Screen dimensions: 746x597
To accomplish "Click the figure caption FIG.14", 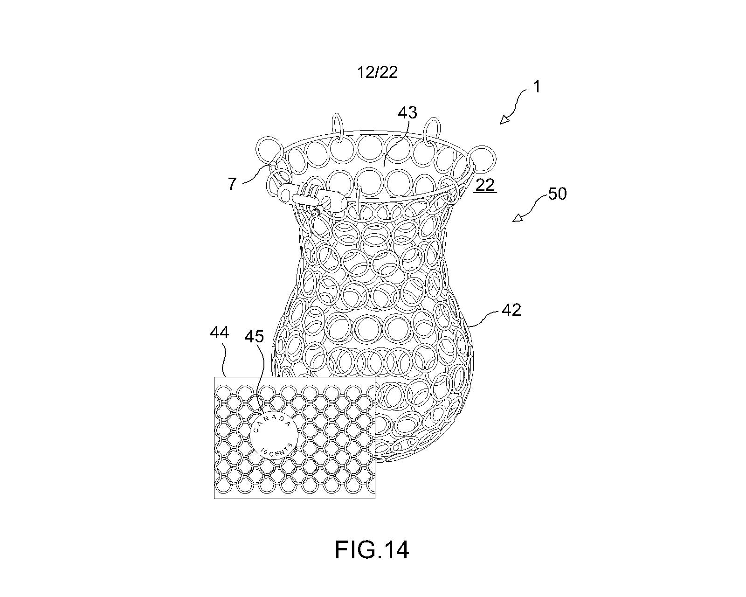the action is pyautogui.click(x=372, y=550).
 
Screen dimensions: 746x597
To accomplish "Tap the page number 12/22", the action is pyautogui.click(x=377, y=72).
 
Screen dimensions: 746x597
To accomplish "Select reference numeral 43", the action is pyautogui.click(x=408, y=113).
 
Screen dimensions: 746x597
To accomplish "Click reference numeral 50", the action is pyautogui.click(x=557, y=194).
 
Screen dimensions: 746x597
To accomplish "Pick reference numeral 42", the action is pyautogui.click(x=511, y=310).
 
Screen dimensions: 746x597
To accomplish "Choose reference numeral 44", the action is pyautogui.click(x=220, y=333).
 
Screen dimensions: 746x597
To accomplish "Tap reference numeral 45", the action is pyautogui.click(x=254, y=336).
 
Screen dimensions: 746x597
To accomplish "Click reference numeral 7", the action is pyautogui.click(x=232, y=183).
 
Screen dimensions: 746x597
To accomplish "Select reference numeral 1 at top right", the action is pyautogui.click(x=536, y=87).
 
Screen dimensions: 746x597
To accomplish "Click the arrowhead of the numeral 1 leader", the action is pyautogui.click(x=504, y=120).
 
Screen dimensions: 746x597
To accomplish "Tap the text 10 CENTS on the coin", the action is pyautogui.click(x=276, y=451).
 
